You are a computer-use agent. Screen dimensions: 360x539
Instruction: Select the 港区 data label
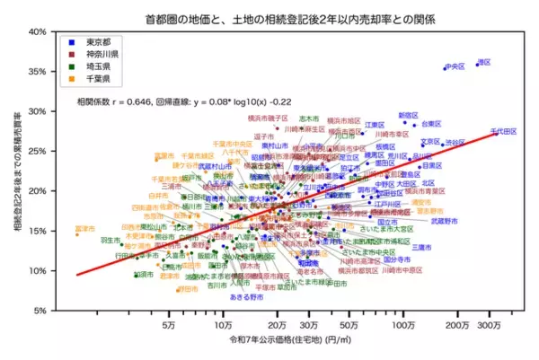click(484, 62)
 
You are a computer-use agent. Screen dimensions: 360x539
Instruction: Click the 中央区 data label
click(455, 66)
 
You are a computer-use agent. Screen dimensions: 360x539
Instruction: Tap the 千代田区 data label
click(503, 132)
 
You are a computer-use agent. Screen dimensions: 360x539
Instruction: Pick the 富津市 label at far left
click(84, 229)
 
